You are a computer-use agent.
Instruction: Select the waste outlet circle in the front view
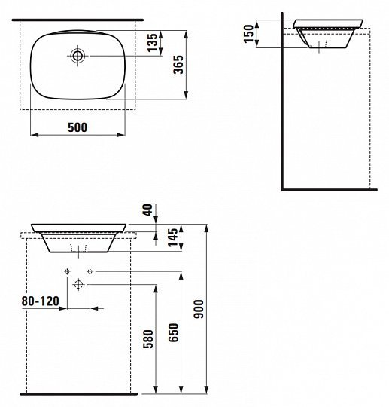(78, 285)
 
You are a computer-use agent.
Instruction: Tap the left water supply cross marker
(67, 270)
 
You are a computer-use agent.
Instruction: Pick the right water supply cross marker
(90, 270)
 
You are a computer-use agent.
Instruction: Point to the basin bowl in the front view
(78, 239)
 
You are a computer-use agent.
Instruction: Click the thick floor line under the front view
(78, 393)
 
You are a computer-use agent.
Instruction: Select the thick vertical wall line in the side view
(280, 106)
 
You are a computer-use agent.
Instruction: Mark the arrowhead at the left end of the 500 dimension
(33, 136)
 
